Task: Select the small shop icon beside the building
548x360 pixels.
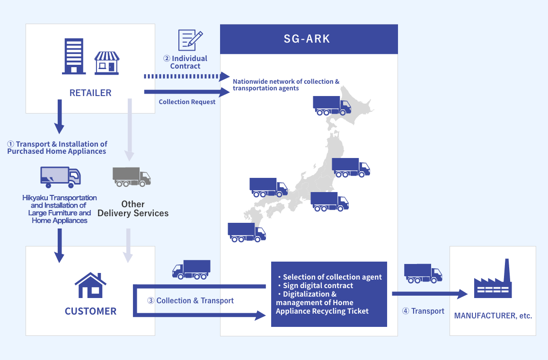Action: [107, 62]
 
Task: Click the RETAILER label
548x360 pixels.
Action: [90, 93]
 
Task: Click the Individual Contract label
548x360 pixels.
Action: [186, 62]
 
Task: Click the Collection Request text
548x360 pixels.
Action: [187, 102]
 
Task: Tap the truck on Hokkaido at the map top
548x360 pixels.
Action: [331, 105]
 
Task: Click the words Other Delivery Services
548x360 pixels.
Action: [133, 209]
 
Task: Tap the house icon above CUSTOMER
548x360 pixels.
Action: [90, 285]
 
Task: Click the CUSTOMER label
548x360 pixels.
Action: [90, 311]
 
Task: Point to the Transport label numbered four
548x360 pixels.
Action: [423, 311]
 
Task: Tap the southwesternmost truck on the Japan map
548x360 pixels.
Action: [246, 232]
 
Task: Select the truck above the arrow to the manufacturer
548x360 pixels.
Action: [423, 273]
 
